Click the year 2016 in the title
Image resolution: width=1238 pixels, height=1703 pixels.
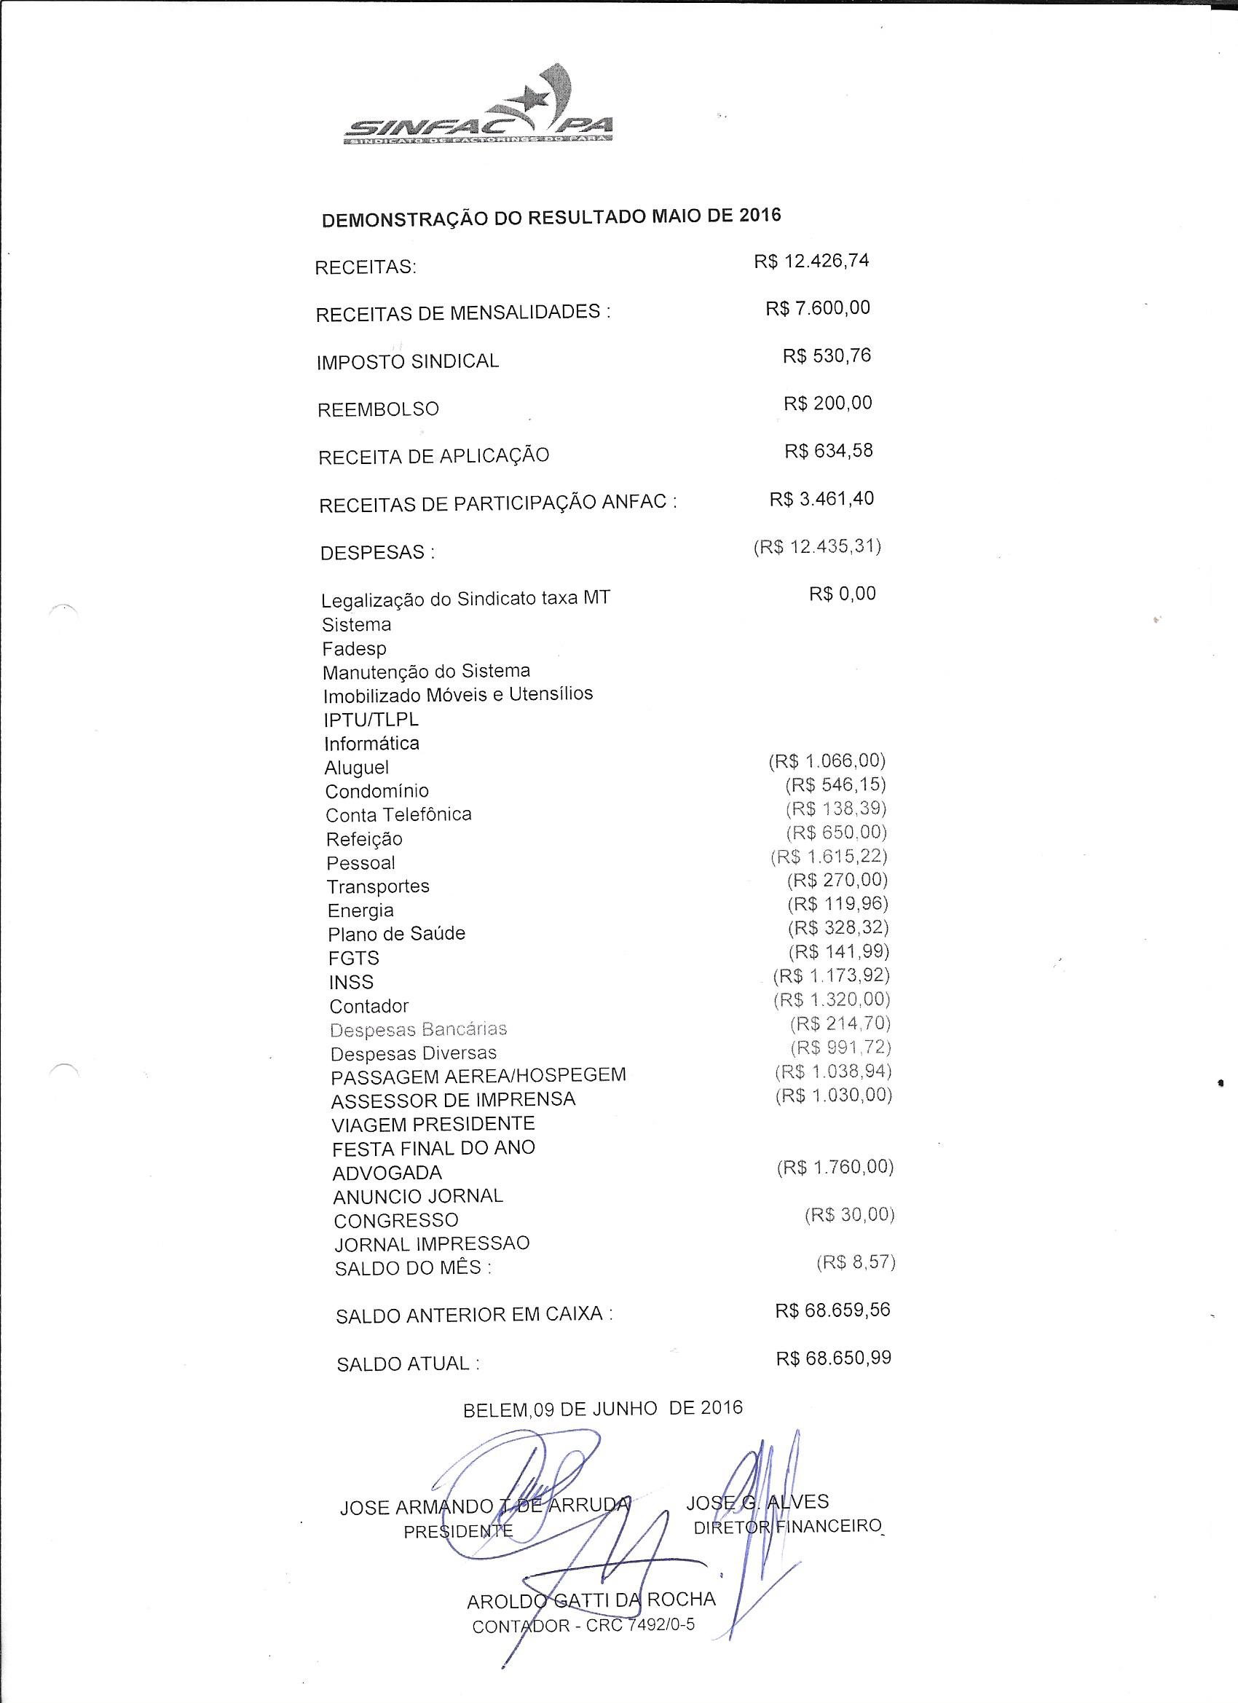pyautogui.click(x=759, y=215)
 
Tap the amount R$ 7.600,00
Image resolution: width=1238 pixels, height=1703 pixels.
pyautogui.click(x=818, y=308)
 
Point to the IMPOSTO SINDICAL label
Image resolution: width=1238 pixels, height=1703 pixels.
pyautogui.click(x=408, y=361)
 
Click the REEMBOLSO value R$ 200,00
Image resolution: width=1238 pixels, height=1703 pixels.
pyautogui.click(x=827, y=404)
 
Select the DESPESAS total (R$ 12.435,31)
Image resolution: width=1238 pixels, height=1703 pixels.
pyautogui.click(x=817, y=546)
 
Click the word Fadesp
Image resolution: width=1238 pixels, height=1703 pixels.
pyautogui.click(x=355, y=649)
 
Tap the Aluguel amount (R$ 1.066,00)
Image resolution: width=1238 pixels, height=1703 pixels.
pyautogui.click(x=827, y=760)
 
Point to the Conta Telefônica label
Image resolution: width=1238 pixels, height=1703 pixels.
pyautogui.click(x=398, y=814)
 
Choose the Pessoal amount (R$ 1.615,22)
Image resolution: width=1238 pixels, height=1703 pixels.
pyautogui.click(x=829, y=856)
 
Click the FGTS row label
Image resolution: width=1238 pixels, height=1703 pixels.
pyautogui.click(x=354, y=958)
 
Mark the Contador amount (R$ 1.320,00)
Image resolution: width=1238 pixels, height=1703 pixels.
pyautogui.click(x=831, y=999)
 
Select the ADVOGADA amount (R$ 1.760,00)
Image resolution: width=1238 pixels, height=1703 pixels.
pyautogui.click(x=835, y=1167)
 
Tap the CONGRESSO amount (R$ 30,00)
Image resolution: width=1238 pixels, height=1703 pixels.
pyautogui.click(x=849, y=1215)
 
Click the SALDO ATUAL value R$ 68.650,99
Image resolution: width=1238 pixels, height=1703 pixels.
pyautogui.click(x=833, y=1358)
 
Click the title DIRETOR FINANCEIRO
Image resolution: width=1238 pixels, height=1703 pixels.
pyautogui.click(x=786, y=1527)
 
